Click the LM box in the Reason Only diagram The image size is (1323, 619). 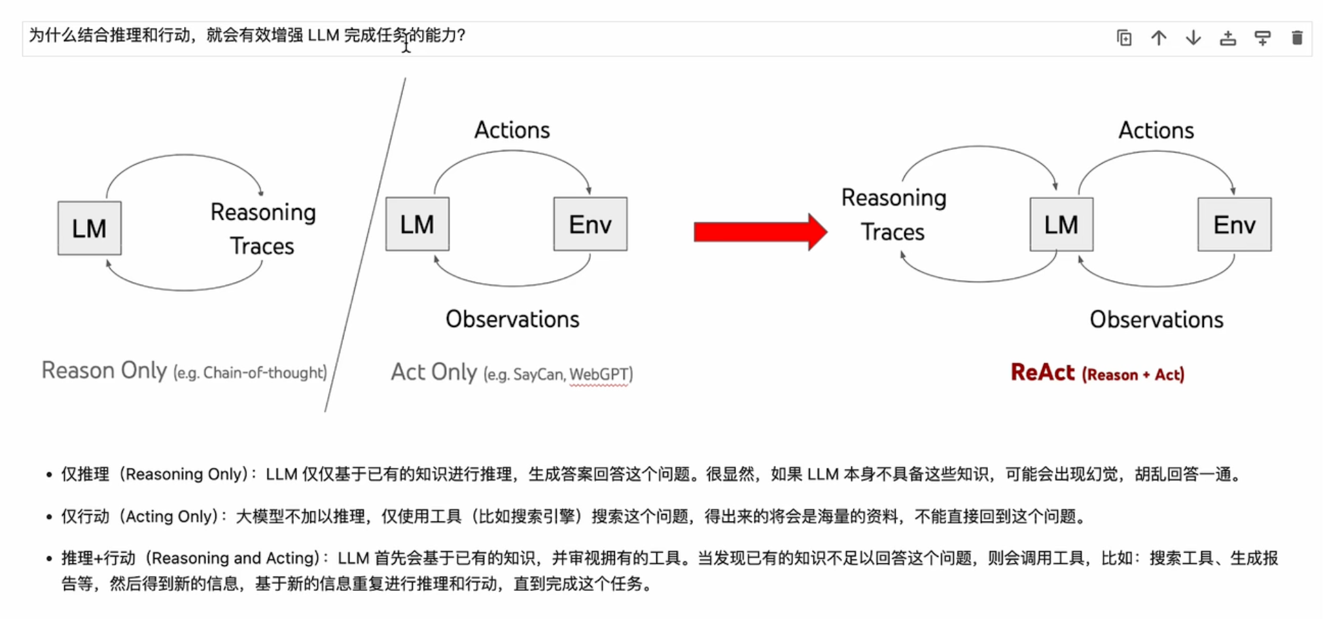[90, 228]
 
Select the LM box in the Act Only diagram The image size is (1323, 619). [417, 224]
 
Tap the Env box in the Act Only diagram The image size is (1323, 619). [590, 224]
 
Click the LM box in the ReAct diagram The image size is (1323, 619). [1061, 224]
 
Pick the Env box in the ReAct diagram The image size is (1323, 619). [1235, 224]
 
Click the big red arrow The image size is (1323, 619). [760, 232]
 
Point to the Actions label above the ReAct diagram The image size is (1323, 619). [1156, 130]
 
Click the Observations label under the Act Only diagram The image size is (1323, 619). [512, 319]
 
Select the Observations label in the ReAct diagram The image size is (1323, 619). [1156, 320]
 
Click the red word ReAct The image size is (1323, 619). [1042, 372]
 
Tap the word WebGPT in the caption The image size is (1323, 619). [599, 374]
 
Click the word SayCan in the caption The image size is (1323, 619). [538, 374]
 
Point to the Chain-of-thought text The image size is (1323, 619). [264, 373]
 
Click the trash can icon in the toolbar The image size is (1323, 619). [1297, 38]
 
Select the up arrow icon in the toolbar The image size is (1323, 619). [1159, 38]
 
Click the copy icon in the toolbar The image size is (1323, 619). [1124, 38]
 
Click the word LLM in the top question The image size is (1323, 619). [323, 35]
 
